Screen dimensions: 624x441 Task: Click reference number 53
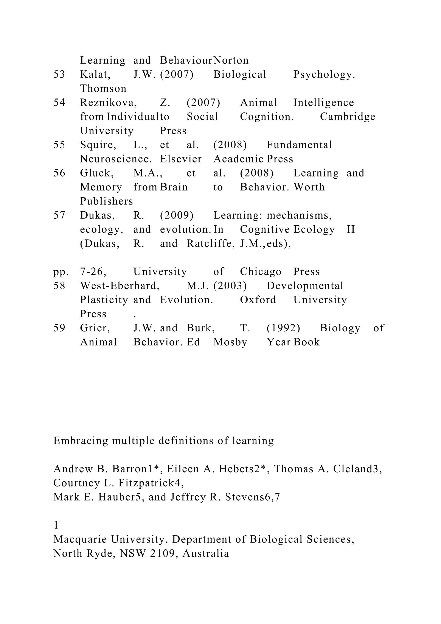click(59, 74)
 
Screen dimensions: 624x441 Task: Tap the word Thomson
click(103, 89)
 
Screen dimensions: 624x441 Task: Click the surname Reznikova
click(108, 103)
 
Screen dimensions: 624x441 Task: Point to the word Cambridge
click(348, 117)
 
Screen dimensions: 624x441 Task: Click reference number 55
click(59, 145)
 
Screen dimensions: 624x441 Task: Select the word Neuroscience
click(116, 159)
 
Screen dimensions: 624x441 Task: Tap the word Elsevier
click(181, 159)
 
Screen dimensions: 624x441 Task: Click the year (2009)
click(177, 215)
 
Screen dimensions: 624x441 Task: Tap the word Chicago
click(261, 272)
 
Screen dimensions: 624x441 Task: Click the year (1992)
click(283, 328)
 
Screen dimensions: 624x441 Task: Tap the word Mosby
click(230, 342)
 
